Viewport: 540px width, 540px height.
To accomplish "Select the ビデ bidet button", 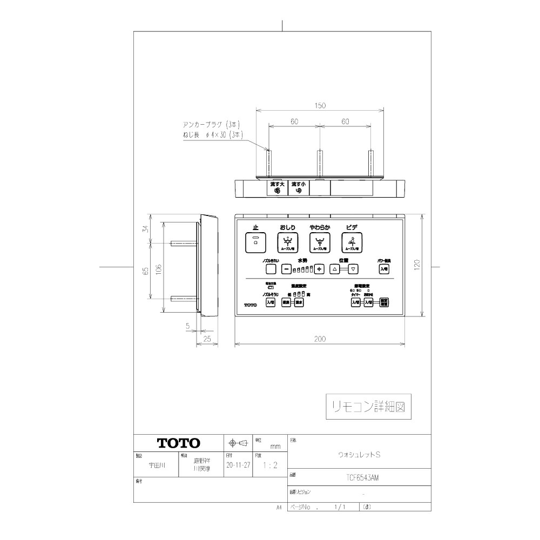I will [352, 244].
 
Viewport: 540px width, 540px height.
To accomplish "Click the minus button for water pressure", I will [287, 269].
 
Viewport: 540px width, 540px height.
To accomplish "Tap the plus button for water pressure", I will [319, 269].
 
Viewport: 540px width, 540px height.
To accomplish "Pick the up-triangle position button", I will [334, 269].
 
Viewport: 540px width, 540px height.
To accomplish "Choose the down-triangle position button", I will [353, 269].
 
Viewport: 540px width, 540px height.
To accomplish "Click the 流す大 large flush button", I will [277, 188].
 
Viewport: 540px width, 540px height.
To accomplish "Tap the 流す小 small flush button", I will [298, 188].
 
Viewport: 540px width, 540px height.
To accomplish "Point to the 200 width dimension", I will [320, 339].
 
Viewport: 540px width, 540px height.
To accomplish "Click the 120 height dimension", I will [417, 266].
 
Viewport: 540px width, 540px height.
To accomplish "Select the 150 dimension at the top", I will [320, 106].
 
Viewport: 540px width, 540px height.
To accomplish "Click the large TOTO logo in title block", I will [179, 443].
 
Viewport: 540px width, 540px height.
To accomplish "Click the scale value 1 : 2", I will [268, 464].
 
